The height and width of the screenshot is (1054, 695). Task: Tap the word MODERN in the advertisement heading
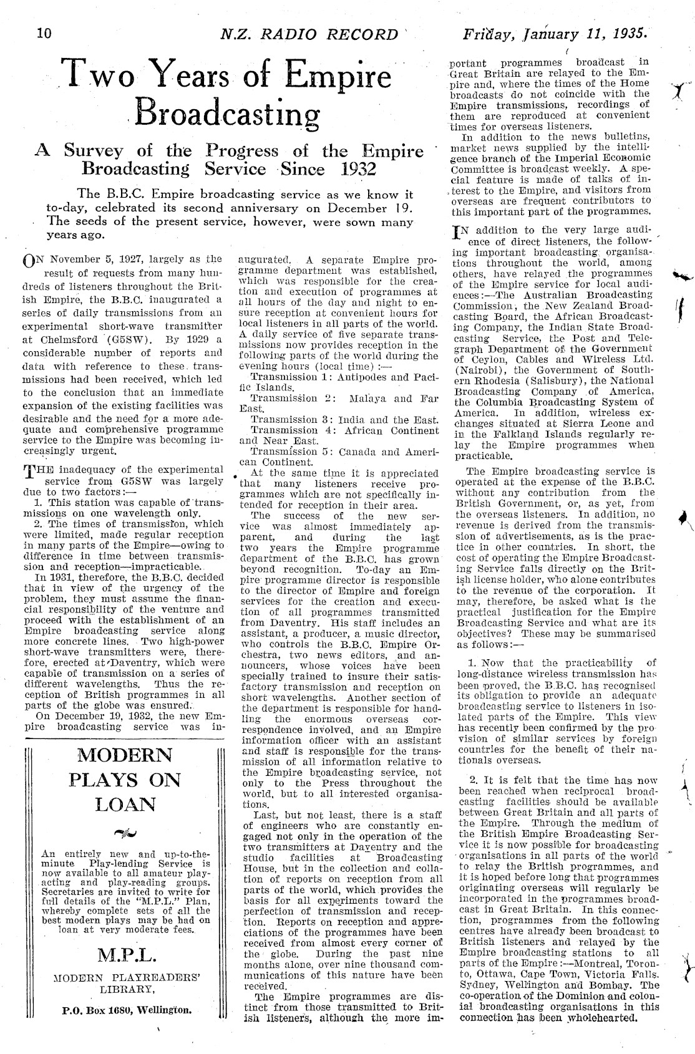(x=125, y=755)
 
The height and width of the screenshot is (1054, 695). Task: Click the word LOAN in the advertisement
(x=125, y=805)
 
